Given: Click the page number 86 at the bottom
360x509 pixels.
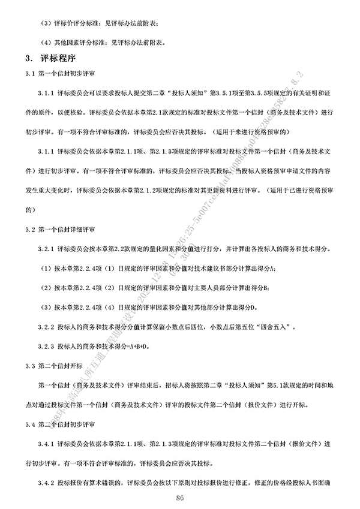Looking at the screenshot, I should point(180,499).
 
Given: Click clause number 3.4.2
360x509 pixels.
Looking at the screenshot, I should point(46,483).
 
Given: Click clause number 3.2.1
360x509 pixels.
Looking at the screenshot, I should point(46,248).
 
